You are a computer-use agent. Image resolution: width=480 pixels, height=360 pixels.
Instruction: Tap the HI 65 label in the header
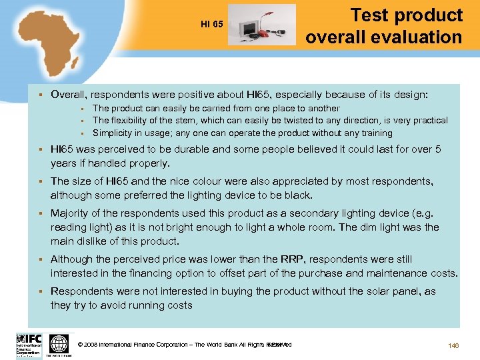click(212, 25)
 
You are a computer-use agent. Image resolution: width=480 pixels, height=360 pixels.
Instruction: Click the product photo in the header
click(262, 25)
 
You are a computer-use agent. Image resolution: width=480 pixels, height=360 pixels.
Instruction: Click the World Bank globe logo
click(59, 344)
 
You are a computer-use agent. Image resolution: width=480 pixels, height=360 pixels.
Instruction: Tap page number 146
click(455, 345)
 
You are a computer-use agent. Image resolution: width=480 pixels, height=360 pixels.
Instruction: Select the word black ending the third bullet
click(299, 195)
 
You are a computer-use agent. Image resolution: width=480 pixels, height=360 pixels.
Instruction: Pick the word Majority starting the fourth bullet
click(72, 213)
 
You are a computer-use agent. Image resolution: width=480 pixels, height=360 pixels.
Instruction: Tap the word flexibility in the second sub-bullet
click(133, 120)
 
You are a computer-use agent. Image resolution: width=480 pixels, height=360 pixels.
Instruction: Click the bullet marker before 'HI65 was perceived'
click(41, 150)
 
